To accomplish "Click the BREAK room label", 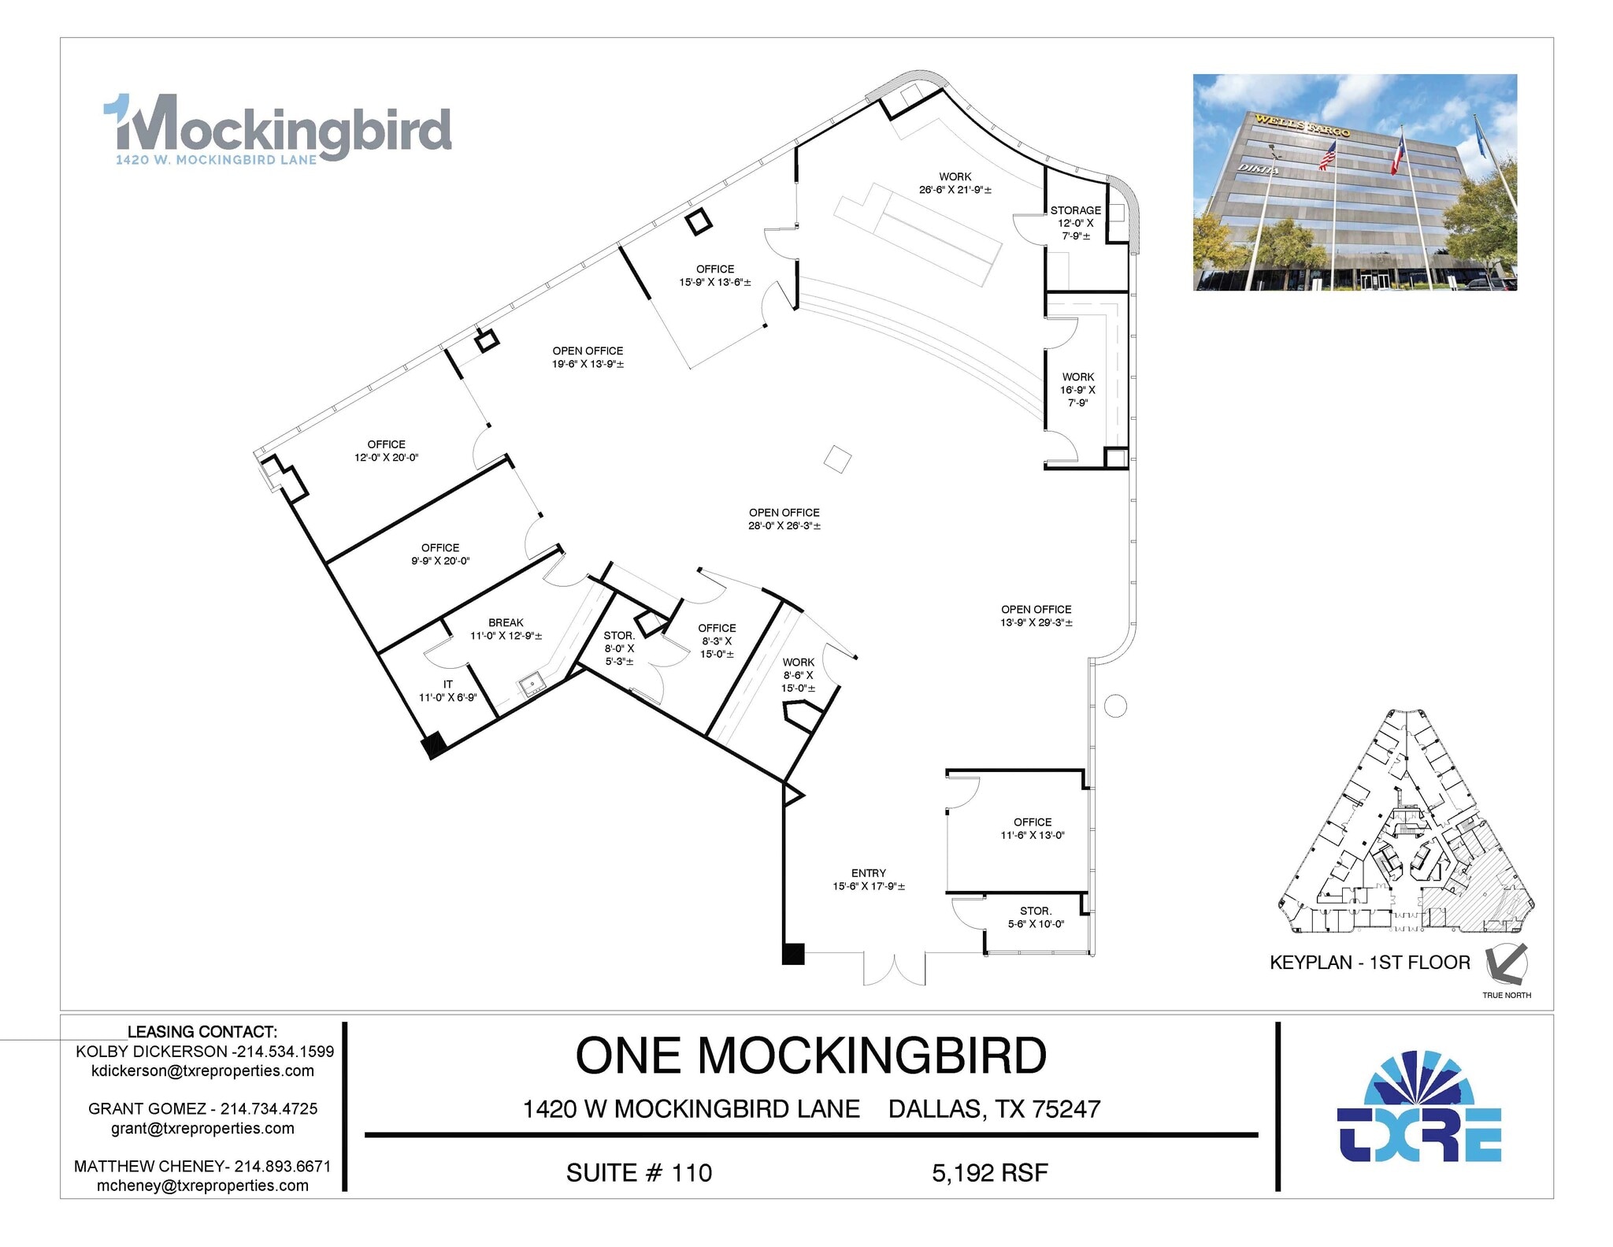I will [506, 629].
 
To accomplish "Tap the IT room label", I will [447, 691].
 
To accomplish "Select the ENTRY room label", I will [868, 879].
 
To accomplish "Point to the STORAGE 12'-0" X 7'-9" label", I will [1075, 222].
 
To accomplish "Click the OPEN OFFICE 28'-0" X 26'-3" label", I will [784, 518].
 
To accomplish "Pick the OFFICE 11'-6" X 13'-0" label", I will [1032, 828].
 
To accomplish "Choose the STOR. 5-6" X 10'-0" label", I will [1035, 917].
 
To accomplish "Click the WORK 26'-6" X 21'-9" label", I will [955, 183].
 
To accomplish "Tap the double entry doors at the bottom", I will [894, 969].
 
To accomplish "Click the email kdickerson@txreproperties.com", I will [202, 1071].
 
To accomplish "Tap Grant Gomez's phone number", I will [269, 1108].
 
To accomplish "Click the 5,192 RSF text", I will [989, 1173].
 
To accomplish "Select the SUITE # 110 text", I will [639, 1173].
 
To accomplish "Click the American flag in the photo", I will [1327, 155].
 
